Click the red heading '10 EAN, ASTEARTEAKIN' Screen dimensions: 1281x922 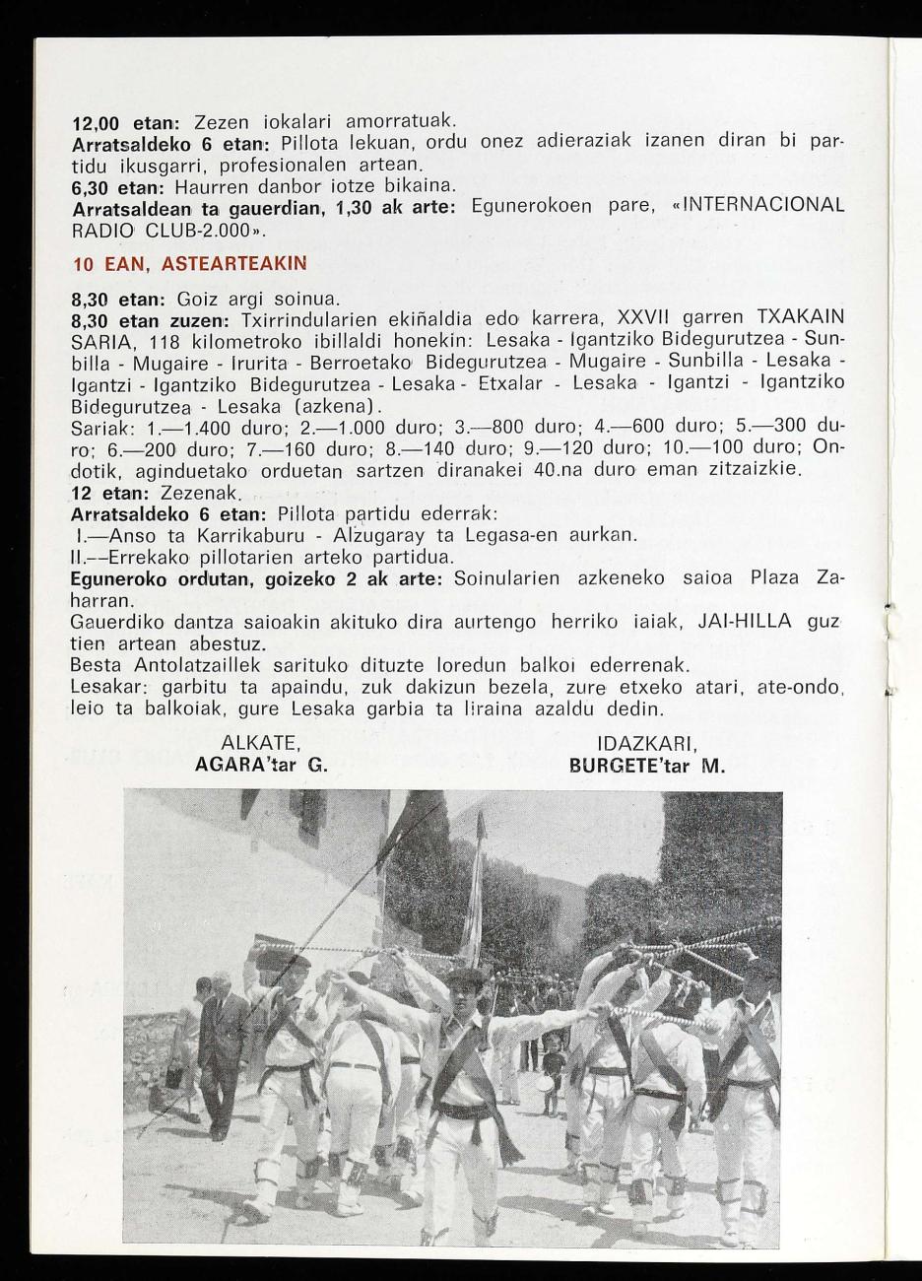(x=190, y=264)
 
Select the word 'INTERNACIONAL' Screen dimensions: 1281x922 (x=764, y=206)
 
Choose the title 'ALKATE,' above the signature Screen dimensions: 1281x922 (x=260, y=742)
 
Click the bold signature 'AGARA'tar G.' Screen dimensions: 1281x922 (x=261, y=764)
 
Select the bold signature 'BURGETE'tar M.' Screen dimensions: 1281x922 (x=647, y=764)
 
